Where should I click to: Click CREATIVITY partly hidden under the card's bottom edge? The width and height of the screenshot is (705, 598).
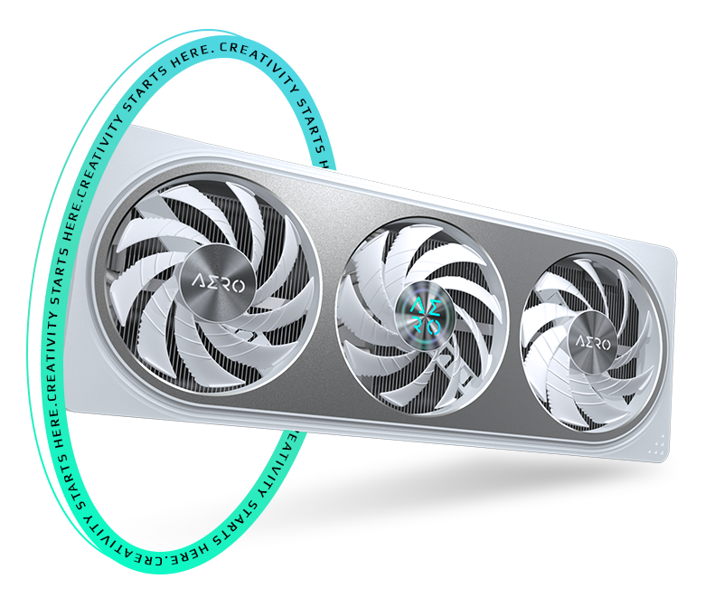click(x=294, y=470)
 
